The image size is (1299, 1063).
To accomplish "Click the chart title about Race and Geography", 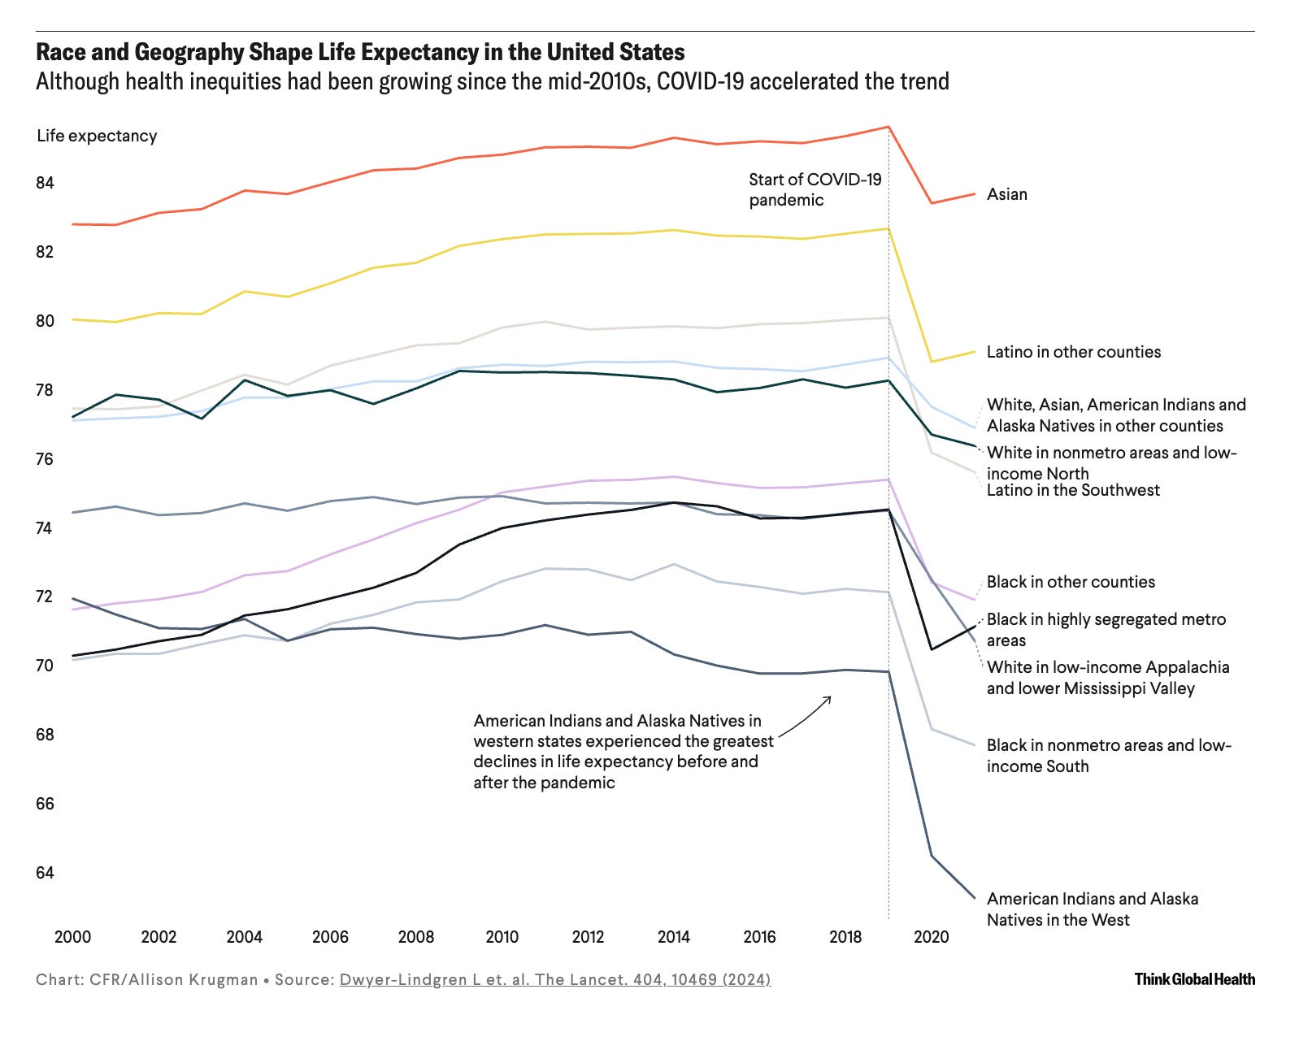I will [x=360, y=53].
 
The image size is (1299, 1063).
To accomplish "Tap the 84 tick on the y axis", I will [x=45, y=183].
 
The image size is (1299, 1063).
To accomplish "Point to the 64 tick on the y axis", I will [x=45, y=873].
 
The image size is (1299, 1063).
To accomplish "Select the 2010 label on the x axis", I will [x=502, y=937].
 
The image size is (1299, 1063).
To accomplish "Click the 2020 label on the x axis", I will [x=931, y=937].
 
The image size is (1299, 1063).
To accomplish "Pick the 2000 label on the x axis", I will [x=72, y=937].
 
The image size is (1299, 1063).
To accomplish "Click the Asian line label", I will [x=1006, y=194].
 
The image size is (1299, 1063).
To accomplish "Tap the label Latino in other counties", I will [x=1073, y=352].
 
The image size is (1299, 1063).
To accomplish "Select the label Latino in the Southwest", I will [x=1073, y=490].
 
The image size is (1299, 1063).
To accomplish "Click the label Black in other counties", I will [x=1071, y=582].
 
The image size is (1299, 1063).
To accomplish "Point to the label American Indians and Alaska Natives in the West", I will [x=1092, y=909].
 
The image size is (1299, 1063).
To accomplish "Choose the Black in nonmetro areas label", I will [x=1108, y=756].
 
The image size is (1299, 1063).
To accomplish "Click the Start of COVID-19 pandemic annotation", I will [x=815, y=189].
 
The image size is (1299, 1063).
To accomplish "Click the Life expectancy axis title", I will [x=97, y=136].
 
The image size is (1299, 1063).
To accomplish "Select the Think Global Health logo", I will [x=1194, y=979].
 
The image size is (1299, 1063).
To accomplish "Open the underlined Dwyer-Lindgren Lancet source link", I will [x=554, y=979].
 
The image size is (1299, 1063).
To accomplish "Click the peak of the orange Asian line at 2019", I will [x=888, y=127].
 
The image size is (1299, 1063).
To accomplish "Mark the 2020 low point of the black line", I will [x=932, y=649].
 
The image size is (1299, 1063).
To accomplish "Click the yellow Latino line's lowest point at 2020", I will [x=932, y=362].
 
